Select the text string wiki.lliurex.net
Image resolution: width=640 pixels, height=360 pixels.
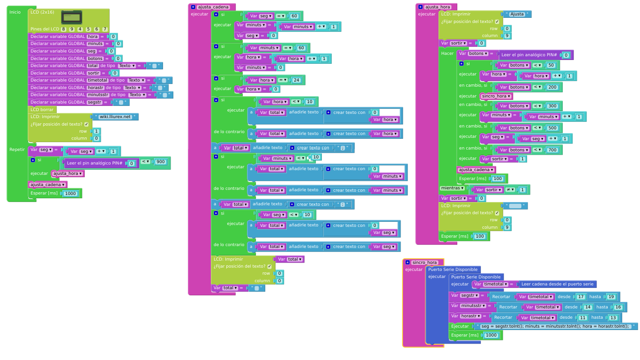(x=115, y=117)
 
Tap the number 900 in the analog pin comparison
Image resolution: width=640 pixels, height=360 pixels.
(x=160, y=162)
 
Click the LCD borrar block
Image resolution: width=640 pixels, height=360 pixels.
(x=42, y=110)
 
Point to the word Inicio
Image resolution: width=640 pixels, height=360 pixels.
(x=15, y=12)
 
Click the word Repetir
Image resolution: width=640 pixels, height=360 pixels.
(x=17, y=150)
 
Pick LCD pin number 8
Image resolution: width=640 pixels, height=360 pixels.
(x=64, y=29)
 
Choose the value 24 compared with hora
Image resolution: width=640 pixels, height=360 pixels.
(x=296, y=80)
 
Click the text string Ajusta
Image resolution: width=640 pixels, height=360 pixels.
(x=517, y=14)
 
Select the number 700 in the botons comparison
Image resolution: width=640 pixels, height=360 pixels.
(x=552, y=150)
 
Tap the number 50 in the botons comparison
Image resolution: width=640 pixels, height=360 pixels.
(x=550, y=66)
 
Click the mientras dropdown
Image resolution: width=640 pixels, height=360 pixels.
(x=453, y=188)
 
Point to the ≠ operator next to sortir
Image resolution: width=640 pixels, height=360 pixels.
(x=508, y=190)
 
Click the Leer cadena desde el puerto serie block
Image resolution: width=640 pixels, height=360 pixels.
(x=557, y=284)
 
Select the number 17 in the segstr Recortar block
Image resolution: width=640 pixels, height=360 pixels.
(x=580, y=297)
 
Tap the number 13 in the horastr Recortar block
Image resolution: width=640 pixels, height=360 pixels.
(x=613, y=318)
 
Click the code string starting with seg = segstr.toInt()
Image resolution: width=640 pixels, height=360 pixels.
(x=555, y=326)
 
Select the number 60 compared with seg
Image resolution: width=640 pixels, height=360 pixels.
(x=294, y=16)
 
